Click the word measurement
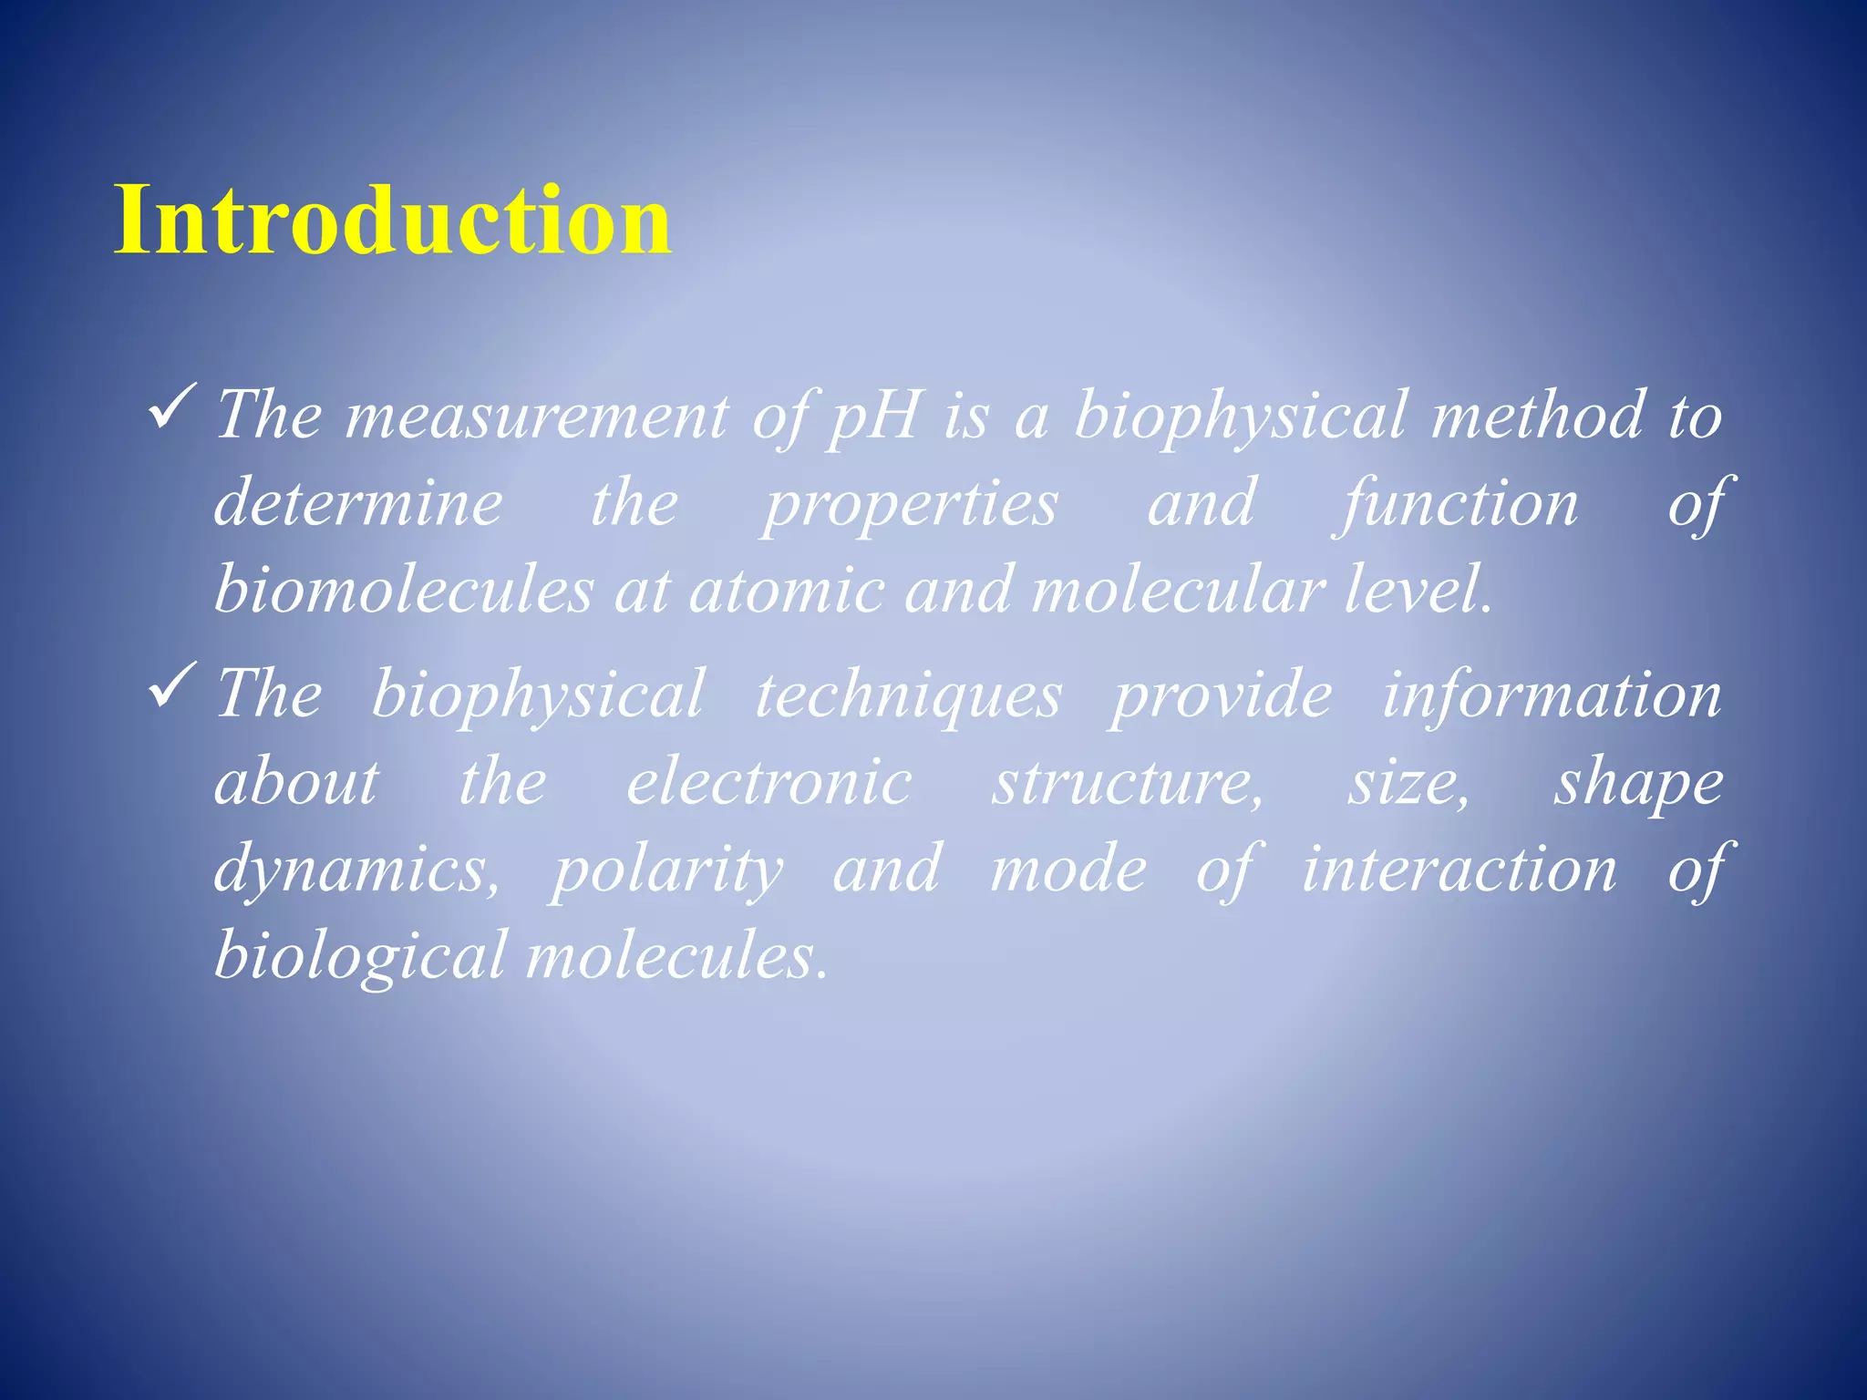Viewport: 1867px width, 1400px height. (x=537, y=416)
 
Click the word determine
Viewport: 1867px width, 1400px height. (x=358, y=503)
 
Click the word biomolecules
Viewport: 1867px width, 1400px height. (x=404, y=591)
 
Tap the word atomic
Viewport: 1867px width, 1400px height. (x=787, y=591)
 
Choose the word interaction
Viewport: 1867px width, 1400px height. (x=1458, y=870)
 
